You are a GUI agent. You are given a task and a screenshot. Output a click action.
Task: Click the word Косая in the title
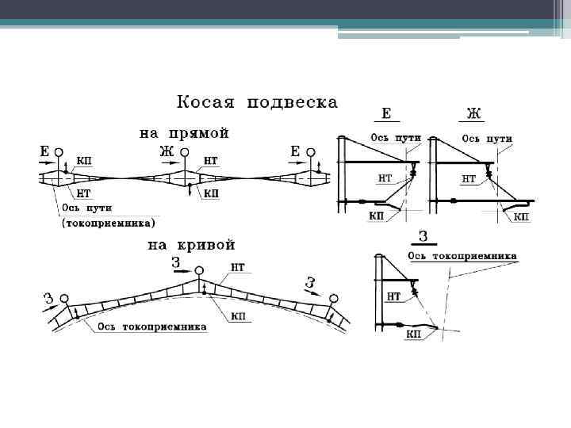pos(205,103)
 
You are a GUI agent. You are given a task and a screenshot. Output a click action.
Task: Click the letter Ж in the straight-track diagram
pos(166,151)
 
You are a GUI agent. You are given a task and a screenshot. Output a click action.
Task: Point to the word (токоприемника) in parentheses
pos(109,224)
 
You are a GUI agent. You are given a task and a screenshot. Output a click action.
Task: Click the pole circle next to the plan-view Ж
pos(184,152)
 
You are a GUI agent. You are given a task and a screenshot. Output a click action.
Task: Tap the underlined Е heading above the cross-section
pos(386,113)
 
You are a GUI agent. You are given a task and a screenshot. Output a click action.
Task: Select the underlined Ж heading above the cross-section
pos(473,113)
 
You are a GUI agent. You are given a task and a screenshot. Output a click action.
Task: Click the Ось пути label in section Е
pos(397,138)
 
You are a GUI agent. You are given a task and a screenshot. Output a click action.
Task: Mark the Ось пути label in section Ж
pos(487,138)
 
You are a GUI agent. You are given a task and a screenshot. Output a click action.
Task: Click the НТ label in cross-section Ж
pos(469,180)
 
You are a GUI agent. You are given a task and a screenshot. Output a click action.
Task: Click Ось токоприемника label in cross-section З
pos(462,256)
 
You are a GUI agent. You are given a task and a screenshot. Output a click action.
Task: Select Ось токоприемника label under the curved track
pos(151,327)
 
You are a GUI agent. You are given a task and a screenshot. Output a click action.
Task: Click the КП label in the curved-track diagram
pos(237,315)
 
